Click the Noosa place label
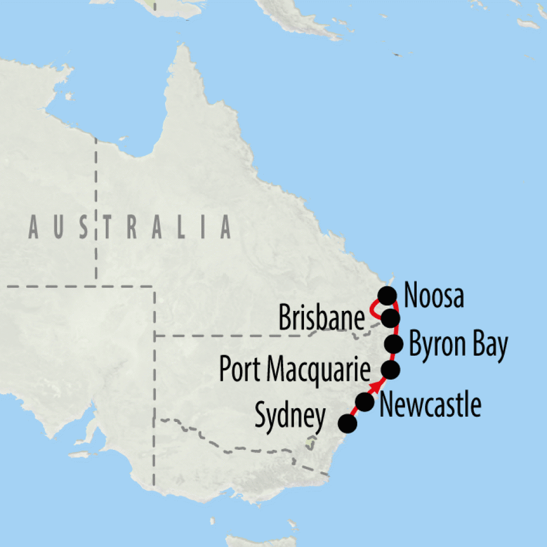pos(434,296)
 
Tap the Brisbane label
pos(321,320)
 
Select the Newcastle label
pos(429,406)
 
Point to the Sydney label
pos(290,418)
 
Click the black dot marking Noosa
pos(387,295)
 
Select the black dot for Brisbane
pos(391,318)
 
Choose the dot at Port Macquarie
pos(390,369)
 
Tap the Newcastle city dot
pos(365,402)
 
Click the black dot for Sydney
pos(347,424)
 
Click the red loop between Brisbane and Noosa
pos(373,309)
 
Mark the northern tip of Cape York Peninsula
pos(184,47)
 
